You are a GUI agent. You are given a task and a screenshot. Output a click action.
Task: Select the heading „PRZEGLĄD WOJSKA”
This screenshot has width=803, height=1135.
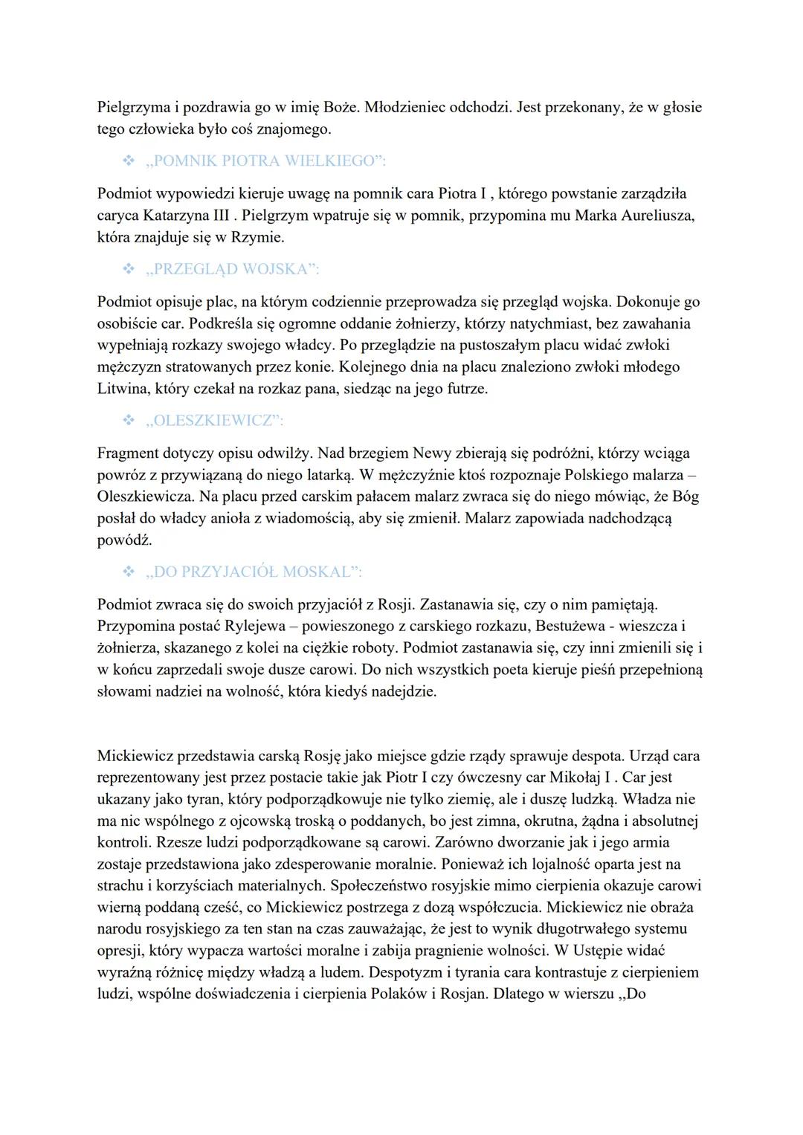(233, 269)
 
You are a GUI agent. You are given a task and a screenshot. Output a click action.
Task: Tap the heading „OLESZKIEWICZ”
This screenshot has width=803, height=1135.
(215, 421)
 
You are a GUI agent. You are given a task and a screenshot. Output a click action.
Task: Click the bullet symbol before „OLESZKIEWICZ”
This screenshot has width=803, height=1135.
(128, 421)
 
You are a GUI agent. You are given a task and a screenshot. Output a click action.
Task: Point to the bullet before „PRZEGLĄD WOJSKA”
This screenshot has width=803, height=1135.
(128, 269)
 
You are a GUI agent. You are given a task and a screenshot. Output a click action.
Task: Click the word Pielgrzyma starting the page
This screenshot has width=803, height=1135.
(132, 107)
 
